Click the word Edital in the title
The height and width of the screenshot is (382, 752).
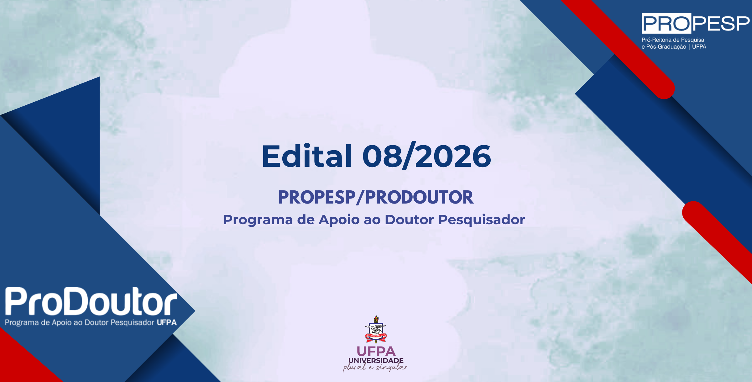(x=307, y=156)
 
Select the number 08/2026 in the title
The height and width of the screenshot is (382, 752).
(x=426, y=156)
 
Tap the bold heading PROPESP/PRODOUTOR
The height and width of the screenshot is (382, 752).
(x=376, y=197)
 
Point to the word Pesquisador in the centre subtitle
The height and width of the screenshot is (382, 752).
(x=481, y=220)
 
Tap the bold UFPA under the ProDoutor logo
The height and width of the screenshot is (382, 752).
(x=167, y=322)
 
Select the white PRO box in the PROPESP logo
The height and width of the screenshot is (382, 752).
(x=666, y=24)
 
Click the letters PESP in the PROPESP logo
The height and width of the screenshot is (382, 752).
(x=721, y=24)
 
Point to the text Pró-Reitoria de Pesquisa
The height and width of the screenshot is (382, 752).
(x=673, y=40)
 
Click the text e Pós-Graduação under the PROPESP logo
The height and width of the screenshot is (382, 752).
(x=664, y=47)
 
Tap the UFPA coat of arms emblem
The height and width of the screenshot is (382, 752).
(x=376, y=329)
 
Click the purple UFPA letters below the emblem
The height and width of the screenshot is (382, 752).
(x=376, y=351)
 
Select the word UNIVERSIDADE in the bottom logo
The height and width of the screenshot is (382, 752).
(x=376, y=360)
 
